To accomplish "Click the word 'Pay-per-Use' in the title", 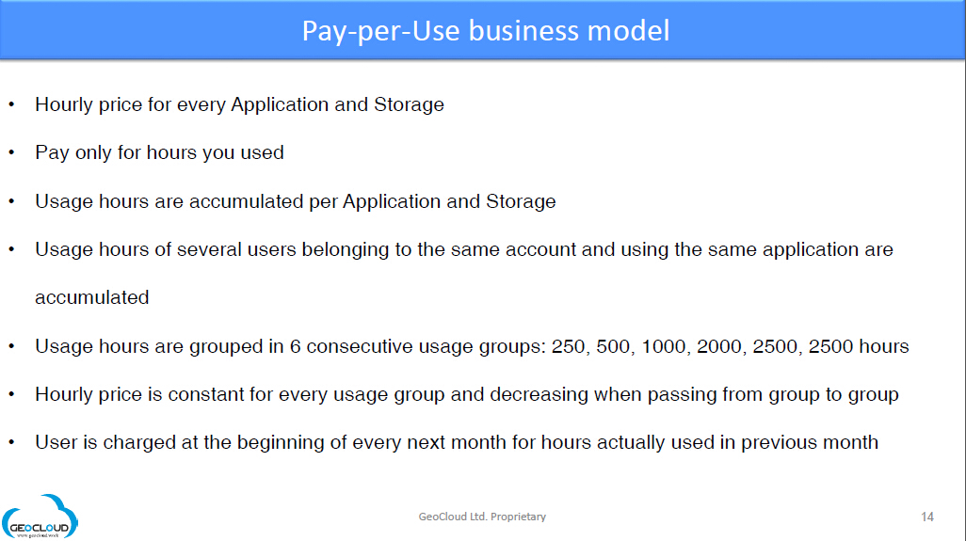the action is click(x=380, y=31).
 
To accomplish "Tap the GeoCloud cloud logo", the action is click(x=40, y=517).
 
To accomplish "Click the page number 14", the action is click(x=927, y=517).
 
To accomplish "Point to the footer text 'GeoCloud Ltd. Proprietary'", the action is click(x=482, y=517).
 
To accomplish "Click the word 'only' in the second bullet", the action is click(x=93, y=152).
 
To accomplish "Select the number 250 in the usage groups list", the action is click(x=568, y=346).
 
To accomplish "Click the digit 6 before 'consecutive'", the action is click(x=295, y=346).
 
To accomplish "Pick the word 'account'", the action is click(x=540, y=250).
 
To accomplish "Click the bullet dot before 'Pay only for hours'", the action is click(x=11, y=152).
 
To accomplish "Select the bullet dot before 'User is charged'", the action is click(x=11, y=442).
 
